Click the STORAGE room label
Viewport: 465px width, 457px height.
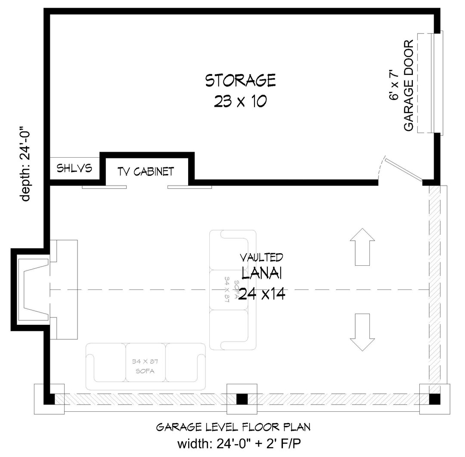pos(241,81)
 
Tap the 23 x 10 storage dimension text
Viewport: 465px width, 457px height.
pos(241,102)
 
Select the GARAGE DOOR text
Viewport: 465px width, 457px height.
pos(409,85)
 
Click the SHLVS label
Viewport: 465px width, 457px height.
pos(74,168)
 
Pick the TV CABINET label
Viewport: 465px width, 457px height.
pos(146,171)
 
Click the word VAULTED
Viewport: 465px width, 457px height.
pos(261,258)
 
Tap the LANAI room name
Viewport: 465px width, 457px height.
pos(262,273)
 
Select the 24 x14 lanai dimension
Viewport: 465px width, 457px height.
pos(262,294)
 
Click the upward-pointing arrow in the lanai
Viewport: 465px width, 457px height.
pos(363,247)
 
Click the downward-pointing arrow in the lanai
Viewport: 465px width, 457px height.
pos(363,333)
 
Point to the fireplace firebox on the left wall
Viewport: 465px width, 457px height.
pos(33,289)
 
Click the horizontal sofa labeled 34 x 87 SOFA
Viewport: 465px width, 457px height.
pos(146,367)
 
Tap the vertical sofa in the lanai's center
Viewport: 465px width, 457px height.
pos(233,290)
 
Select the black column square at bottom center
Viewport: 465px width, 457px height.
pos(242,399)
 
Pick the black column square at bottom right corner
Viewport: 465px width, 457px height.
pos(435,399)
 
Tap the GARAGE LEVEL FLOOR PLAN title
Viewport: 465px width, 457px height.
pos(233,427)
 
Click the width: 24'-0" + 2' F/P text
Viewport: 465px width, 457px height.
pos(239,444)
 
